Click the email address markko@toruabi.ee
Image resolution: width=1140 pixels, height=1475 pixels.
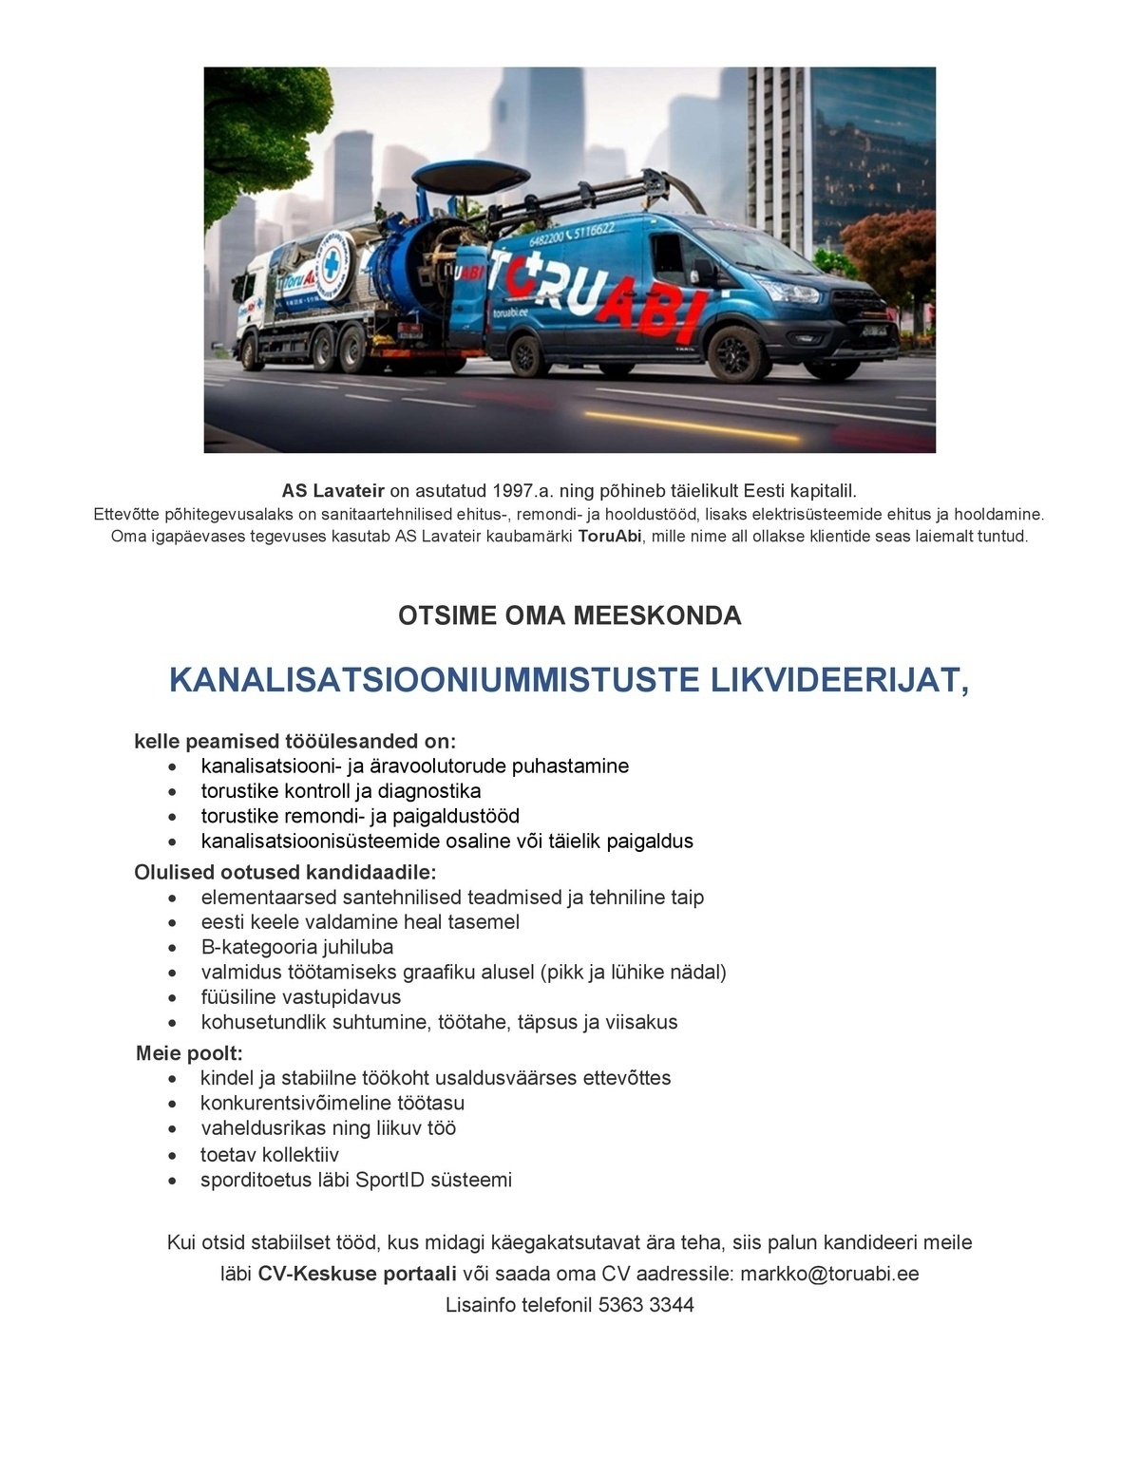(x=829, y=1274)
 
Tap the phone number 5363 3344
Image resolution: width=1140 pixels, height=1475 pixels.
(x=646, y=1305)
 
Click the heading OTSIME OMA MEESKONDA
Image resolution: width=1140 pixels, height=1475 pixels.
(x=569, y=615)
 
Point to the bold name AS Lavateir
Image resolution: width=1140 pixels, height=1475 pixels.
(x=332, y=491)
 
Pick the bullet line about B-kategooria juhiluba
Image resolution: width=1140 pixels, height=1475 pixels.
(x=296, y=947)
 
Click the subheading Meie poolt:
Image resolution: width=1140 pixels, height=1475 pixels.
(x=189, y=1053)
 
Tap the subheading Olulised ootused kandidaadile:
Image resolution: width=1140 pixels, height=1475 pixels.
(x=285, y=872)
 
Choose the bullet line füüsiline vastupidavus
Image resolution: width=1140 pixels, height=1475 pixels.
(x=300, y=996)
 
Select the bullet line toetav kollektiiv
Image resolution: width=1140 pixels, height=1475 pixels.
(x=269, y=1155)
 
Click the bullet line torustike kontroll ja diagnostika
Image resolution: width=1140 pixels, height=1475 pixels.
(x=340, y=791)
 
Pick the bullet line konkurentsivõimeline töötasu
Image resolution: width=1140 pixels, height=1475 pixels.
(x=332, y=1103)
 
